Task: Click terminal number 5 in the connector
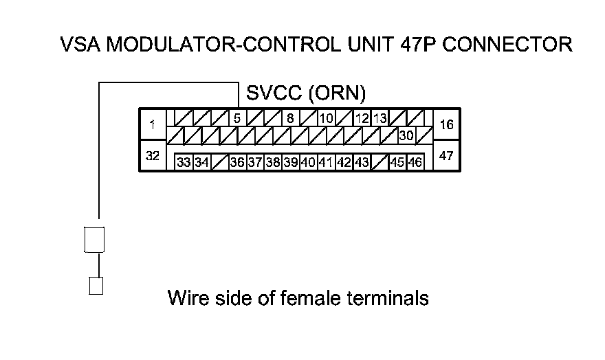coord(236,117)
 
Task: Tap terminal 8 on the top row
coord(290,117)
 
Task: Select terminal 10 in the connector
coord(326,117)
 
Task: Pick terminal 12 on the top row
coord(362,117)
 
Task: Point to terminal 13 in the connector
coord(379,117)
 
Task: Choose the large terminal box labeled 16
coord(446,124)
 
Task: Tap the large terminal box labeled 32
coord(152,156)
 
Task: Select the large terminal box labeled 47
coord(446,156)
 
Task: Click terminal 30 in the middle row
coord(406,135)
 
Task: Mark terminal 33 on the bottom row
coord(184,163)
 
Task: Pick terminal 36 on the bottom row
coord(237,163)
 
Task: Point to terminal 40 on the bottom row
coord(308,163)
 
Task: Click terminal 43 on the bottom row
coord(362,163)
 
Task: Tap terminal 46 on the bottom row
coord(415,163)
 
